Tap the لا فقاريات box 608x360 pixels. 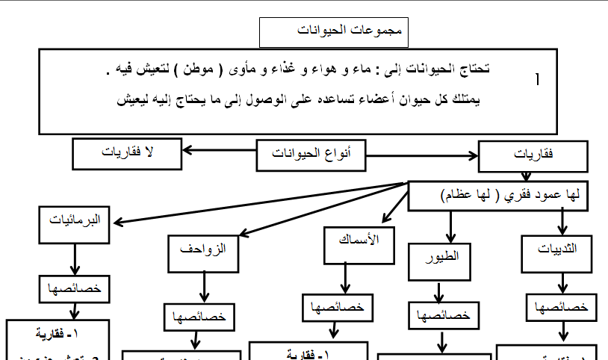[127, 153]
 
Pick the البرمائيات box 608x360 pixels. [75, 223]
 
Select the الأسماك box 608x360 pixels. [354, 243]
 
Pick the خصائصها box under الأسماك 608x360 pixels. [337, 306]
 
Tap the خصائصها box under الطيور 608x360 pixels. [441, 314]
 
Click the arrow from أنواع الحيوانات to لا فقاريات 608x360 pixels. [219, 151]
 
